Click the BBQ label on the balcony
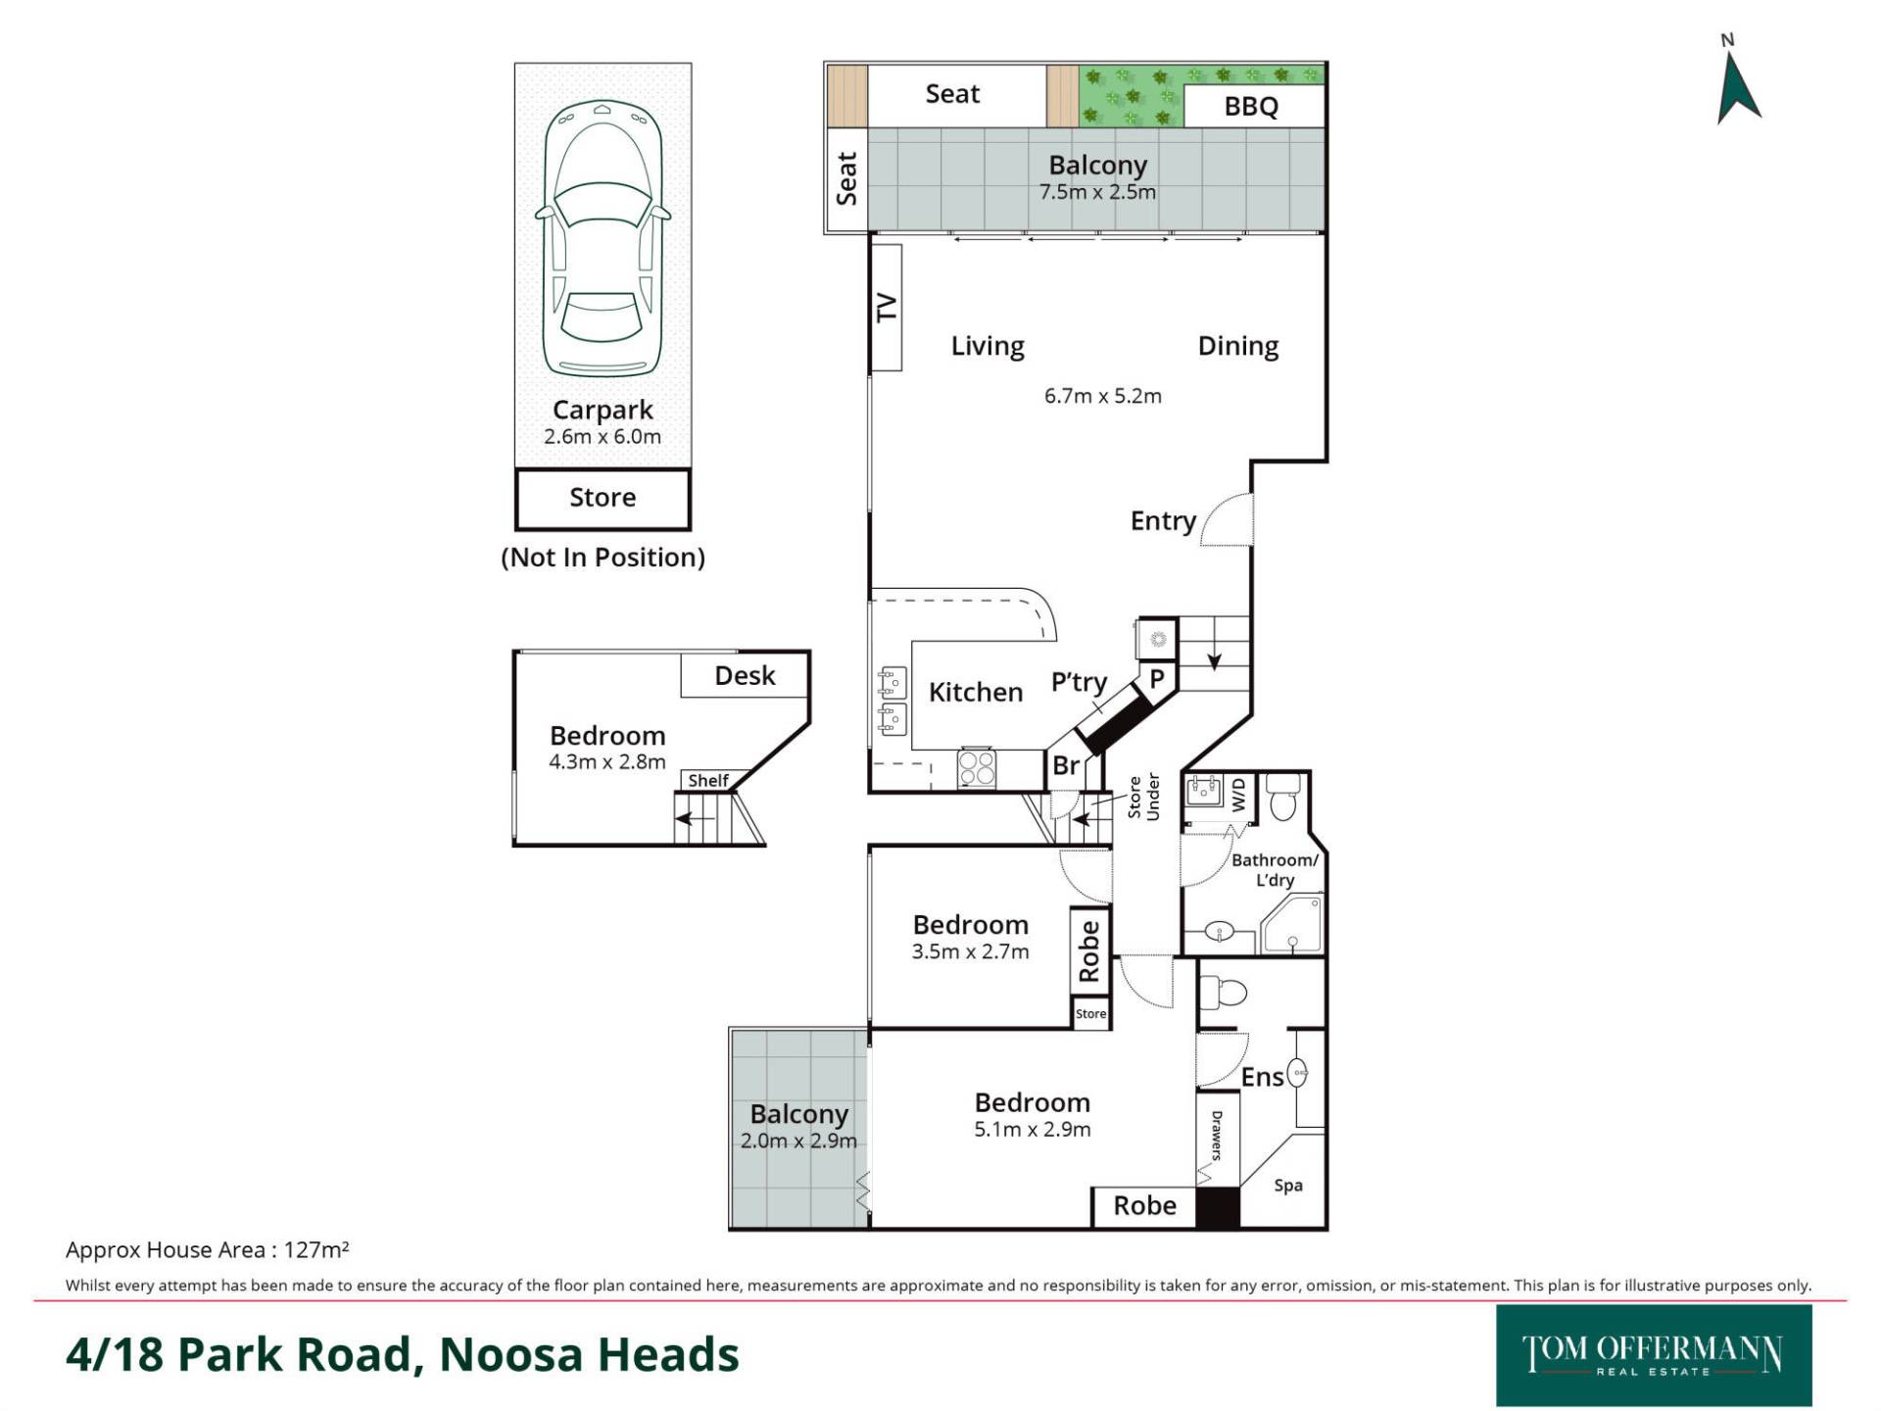click(x=1251, y=106)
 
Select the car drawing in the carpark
click(x=603, y=238)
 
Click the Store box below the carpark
click(x=603, y=498)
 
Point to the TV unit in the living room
click(x=886, y=308)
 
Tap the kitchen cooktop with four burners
click(x=977, y=767)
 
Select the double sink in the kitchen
click(x=892, y=701)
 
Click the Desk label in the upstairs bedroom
click(x=745, y=675)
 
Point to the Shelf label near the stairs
click(x=708, y=781)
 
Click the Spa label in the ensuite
click(x=1288, y=1186)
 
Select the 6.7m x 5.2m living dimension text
click(x=1103, y=396)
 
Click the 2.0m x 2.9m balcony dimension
click(x=798, y=1141)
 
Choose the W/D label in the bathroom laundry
click(x=1238, y=795)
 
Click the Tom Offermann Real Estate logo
click(x=1654, y=1355)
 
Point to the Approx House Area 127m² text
click(x=208, y=1250)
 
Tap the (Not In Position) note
click(x=603, y=558)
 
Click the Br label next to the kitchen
click(x=1066, y=765)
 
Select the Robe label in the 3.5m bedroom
click(x=1088, y=951)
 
